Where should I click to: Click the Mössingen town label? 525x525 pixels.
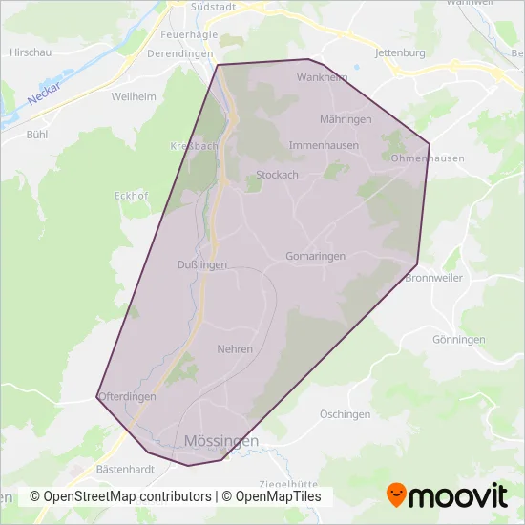220,441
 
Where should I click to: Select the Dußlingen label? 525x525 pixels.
202,265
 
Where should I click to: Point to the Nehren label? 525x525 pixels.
235,349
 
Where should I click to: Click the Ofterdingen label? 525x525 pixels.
127,397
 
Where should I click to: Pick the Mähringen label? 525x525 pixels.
346,119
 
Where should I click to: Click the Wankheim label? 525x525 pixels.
323,78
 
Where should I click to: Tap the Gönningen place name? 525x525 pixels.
458,340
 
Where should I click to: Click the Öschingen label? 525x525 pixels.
345,414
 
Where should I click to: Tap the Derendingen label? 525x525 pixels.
180,54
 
